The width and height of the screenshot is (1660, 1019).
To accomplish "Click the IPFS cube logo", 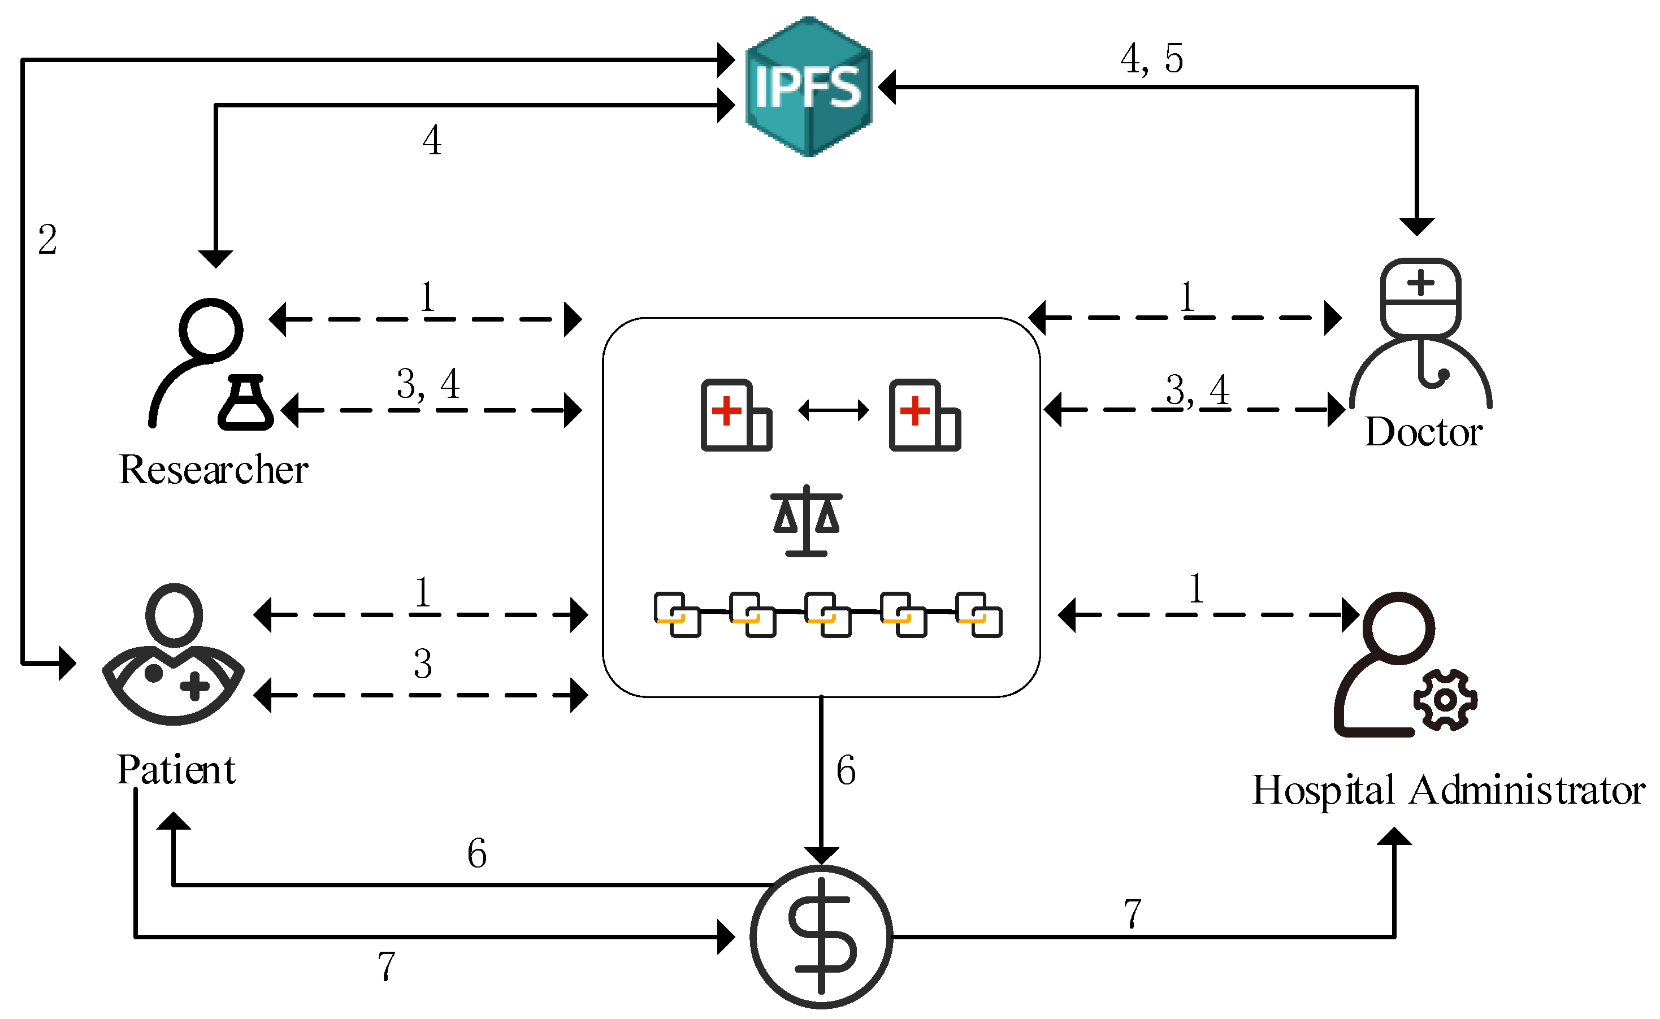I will point(808,87).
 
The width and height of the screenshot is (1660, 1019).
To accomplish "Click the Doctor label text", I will point(1423,431).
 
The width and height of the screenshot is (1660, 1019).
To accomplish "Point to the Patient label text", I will point(176,770).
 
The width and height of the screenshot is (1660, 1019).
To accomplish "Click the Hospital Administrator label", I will point(1447,790).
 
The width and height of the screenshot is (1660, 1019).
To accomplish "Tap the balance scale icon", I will point(806,521).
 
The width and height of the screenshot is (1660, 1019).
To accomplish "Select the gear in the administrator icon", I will point(1445,700).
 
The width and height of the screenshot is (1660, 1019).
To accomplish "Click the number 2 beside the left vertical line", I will point(47,239).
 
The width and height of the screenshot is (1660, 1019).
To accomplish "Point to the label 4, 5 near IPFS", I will point(1151,59).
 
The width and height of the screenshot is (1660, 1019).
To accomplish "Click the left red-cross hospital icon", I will point(735,415).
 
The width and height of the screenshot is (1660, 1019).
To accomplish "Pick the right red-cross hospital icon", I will point(924,415).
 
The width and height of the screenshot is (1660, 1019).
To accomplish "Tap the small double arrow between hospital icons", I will point(833,410).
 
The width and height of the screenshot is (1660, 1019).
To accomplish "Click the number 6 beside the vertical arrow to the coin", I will point(846,770).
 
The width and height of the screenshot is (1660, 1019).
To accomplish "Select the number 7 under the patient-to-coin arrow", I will point(385,966).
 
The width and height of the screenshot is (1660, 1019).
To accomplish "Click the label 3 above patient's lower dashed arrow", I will point(423,664).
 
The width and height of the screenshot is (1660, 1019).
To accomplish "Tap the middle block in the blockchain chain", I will point(827,615).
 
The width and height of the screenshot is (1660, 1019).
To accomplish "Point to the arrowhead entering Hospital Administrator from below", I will point(1394,836).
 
